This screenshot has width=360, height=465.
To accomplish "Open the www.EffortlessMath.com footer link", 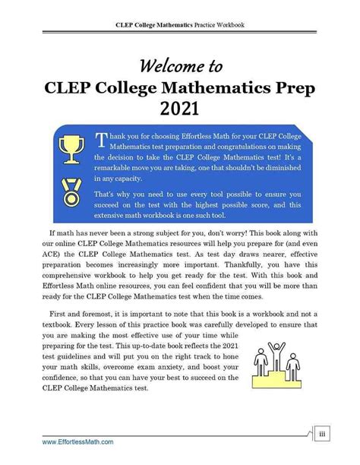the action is [77, 441].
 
